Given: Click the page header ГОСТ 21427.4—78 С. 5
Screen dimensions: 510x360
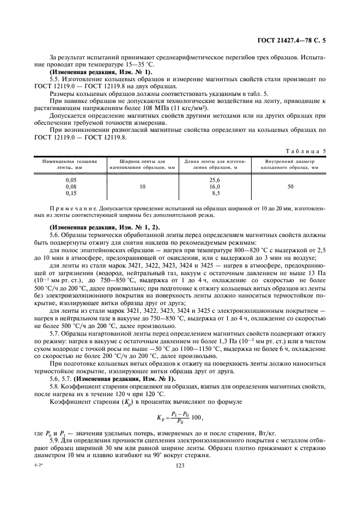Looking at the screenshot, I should pos(295,41).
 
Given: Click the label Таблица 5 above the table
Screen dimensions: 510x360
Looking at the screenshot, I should pos(309,150).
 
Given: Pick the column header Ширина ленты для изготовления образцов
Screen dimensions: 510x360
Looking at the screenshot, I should pos(142,165).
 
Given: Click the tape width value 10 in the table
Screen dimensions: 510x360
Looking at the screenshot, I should pos(142,186).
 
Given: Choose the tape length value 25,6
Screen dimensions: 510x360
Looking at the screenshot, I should pos(215,180).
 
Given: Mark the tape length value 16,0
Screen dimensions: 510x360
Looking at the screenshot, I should pos(215,186).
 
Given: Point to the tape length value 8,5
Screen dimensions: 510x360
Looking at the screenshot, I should pos(216,193).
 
